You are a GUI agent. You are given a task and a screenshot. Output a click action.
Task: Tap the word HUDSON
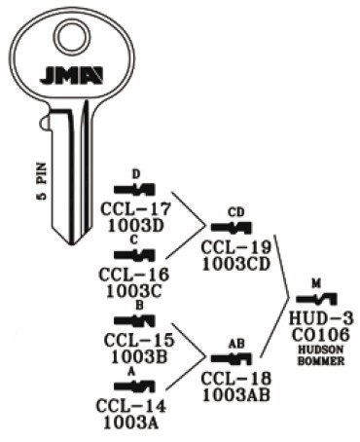click(319, 349)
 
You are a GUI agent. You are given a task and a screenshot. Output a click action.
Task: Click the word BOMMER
click(319, 359)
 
